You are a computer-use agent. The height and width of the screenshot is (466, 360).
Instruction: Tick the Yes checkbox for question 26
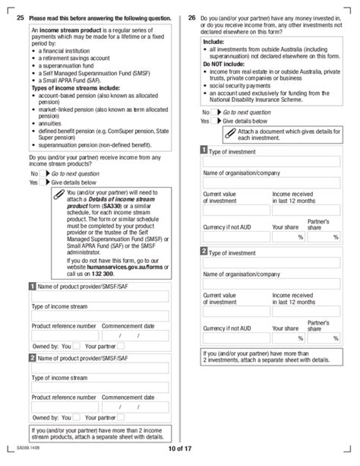(x=216, y=121)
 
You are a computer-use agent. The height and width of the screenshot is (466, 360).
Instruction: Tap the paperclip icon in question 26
(x=229, y=134)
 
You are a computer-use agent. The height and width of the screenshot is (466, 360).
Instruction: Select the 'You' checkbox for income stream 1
(x=76, y=346)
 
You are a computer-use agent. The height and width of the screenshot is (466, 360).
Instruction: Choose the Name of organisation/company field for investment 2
(x=270, y=281)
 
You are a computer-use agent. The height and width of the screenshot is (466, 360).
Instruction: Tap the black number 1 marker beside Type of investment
(x=204, y=151)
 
